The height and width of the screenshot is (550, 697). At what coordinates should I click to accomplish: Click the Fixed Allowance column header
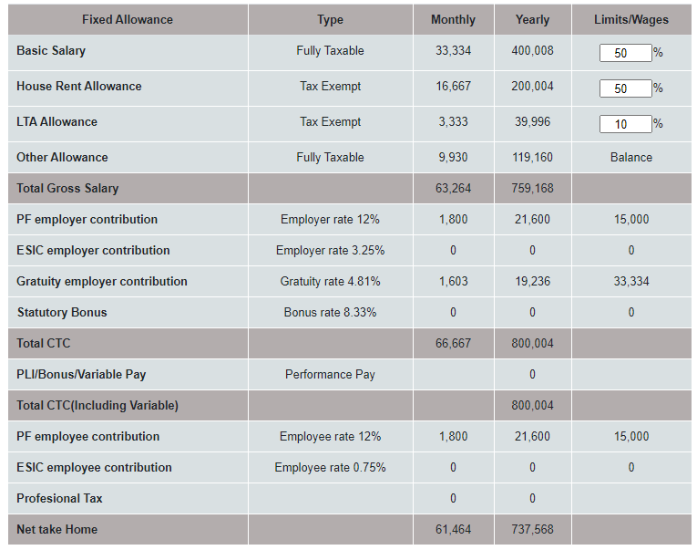[x=127, y=19]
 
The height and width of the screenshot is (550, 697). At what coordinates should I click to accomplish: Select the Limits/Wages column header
[x=630, y=19]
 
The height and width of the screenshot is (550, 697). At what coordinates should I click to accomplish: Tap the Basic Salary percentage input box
[x=625, y=53]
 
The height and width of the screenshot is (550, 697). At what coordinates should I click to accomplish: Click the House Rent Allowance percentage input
[x=625, y=88]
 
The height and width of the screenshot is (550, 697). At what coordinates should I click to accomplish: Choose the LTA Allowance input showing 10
[x=625, y=124]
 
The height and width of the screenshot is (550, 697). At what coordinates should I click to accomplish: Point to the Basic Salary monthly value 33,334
[x=453, y=51]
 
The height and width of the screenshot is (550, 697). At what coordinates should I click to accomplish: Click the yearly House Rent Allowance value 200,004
[x=532, y=87]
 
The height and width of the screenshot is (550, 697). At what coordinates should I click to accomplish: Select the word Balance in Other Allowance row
[x=630, y=158]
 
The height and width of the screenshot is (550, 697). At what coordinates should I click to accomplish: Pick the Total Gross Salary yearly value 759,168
[x=532, y=189]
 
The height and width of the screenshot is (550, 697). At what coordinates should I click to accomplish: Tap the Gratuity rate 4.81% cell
[x=330, y=282]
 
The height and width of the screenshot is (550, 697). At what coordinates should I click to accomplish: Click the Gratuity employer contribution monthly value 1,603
[x=453, y=282]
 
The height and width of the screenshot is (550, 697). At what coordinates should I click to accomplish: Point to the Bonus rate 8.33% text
[x=330, y=313]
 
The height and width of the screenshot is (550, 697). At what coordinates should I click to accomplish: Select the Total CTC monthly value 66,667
[x=453, y=344]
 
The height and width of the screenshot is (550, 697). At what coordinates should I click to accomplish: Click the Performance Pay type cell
[x=330, y=375]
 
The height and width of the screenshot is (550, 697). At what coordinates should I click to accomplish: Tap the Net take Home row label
[x=56, y=530]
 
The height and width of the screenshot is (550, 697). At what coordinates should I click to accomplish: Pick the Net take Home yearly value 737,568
[x=532, y=530]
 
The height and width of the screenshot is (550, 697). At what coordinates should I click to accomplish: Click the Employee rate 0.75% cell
[x=330, y=468]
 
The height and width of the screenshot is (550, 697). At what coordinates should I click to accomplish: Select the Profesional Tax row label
[x=59, y=499]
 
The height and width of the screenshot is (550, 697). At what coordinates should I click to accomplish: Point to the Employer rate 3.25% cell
[x=330, y=251]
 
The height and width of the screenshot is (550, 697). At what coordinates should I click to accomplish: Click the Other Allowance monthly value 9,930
[x=453, y=158]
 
